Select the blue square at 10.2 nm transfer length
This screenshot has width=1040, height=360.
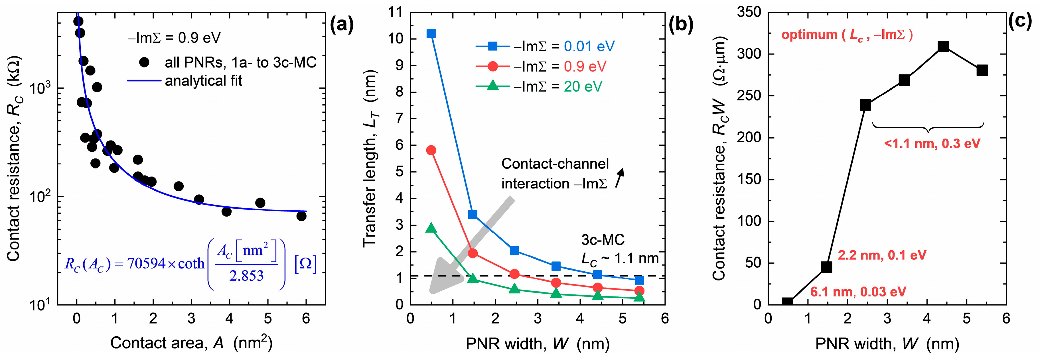[431, 34]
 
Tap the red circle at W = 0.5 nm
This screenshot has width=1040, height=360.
[431, 150]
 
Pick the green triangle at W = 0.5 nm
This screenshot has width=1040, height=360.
[431, 228]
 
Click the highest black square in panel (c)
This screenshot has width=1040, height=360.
[943, 46]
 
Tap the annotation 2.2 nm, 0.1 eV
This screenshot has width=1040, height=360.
[882, 255]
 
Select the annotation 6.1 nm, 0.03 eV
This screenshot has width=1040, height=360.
[858, 291]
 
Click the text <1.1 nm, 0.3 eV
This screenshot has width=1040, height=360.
[932, 144]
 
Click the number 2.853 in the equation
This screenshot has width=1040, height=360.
[246, 276]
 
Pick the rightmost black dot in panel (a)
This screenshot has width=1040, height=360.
[301, 216]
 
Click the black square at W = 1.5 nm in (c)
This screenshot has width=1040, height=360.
[826, 267]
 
